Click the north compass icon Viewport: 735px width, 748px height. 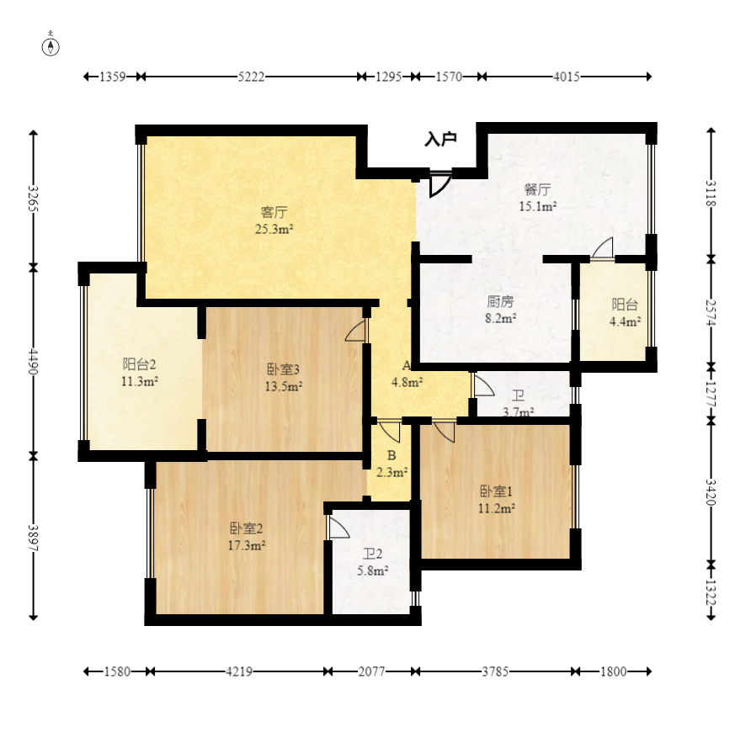tap(51, 46)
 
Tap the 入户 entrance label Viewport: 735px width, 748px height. tap(440, 139)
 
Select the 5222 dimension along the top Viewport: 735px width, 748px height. tap(252, 77)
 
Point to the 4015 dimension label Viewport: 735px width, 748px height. tap(567, 77)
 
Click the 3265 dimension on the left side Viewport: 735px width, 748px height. tap(33, 198)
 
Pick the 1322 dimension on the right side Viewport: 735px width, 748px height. tap(711, 592)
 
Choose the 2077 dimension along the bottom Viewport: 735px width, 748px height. tap(371, 671)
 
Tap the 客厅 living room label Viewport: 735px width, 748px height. tap(274, 211)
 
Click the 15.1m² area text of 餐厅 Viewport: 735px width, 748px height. tap(538, 206)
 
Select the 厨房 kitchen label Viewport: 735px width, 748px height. tap(500, 301)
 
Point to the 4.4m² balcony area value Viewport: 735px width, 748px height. tap(625, 321)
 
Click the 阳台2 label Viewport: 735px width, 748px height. tap(139, 364)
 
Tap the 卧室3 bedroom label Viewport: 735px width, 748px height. tap(283, 369)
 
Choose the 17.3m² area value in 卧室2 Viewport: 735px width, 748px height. tap(247, 545)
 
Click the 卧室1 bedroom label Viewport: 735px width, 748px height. tap(496, 491)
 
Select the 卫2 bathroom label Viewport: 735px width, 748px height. tap(372, 554)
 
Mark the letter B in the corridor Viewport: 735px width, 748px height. tap(391, 455)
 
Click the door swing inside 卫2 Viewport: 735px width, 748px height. tap(338, 528)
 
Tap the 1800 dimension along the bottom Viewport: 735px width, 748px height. tap(613, 671)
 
